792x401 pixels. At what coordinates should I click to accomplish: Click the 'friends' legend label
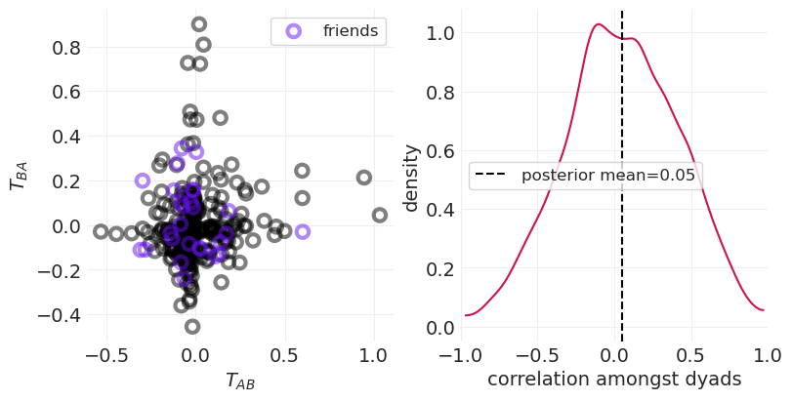(350, 31)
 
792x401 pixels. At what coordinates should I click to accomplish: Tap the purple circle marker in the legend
(293, 31)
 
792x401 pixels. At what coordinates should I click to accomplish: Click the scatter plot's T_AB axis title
(239, 382)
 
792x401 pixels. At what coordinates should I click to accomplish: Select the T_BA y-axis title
(19, 176)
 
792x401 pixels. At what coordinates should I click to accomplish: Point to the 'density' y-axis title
(411, 178)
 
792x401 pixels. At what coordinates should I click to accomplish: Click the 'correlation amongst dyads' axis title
(613, 381)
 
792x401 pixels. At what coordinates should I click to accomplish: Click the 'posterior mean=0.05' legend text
(607, 176)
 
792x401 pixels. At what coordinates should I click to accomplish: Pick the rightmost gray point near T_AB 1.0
(380, 215)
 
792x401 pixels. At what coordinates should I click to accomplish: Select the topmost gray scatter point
(199, 24)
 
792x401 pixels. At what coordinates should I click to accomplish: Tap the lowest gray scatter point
(192, 327)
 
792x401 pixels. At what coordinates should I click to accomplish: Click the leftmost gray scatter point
(101, 231)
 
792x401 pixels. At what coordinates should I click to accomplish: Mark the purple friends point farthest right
(303, 231)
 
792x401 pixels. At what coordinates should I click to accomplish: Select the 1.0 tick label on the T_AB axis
(373, 358)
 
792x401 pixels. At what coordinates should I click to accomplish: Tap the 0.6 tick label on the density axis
(441, 151)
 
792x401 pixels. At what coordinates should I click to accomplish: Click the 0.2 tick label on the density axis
(441, 268)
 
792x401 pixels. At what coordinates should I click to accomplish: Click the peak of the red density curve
(598, 24)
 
